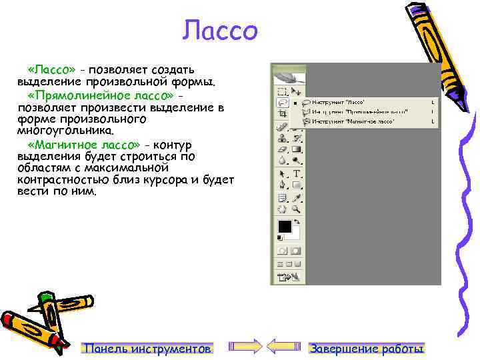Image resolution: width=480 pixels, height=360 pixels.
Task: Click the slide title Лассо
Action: [x=220, y=31]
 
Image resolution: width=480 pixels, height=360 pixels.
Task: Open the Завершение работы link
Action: [x=367, y=349]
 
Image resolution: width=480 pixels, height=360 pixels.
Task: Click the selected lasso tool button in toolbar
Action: [x=283, y=103]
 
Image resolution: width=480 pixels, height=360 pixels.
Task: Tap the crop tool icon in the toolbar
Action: [x=283, y=114]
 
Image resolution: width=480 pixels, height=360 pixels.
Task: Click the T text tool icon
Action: [x=297, y=173]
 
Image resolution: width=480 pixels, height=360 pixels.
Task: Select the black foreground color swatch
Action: [x=285, y=226]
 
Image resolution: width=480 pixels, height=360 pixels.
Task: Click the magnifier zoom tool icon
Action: [x=297, y=209]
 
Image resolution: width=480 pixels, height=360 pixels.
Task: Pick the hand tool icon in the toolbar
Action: [x=283, y=209]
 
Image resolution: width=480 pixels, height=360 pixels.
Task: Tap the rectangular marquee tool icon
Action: [x=283, y=91]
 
